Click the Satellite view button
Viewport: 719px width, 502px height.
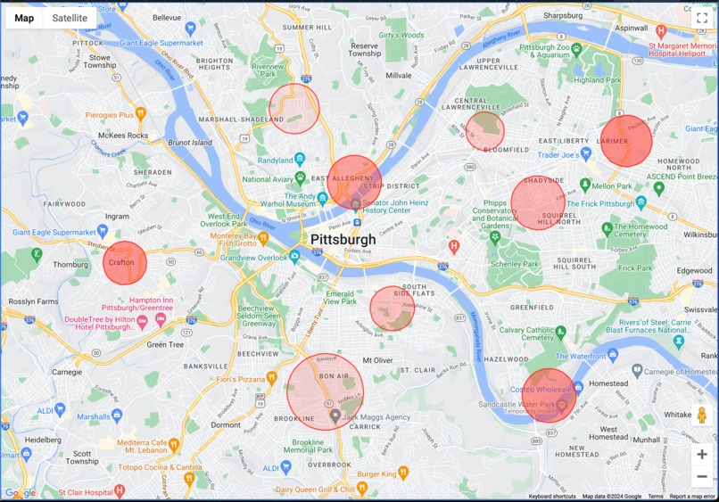[x=70, y=18]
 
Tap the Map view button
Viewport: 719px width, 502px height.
[x=24, y=18]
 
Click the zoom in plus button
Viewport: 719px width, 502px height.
[x=702, y=454]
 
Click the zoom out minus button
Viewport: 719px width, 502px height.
[x=702, y=476]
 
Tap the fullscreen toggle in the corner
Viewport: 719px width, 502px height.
[x=701, y=17]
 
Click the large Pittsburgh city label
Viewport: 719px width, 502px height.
[x=343, y=240]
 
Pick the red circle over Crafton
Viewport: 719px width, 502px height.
[x=125, y=263]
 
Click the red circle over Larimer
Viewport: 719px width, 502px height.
[x=626, y=141]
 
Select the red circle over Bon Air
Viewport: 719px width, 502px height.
[x=326, y=392]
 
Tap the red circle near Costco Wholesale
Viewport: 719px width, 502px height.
[x=549, y=395]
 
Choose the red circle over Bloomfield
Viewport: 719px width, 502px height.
[x=485, y=131]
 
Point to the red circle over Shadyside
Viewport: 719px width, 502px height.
[x=539, y=202]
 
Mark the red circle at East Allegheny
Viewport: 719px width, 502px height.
[x=354, y=183]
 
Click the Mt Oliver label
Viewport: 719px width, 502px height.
[x=377, y=360]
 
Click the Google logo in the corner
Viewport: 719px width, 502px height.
[x=21, y=492]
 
